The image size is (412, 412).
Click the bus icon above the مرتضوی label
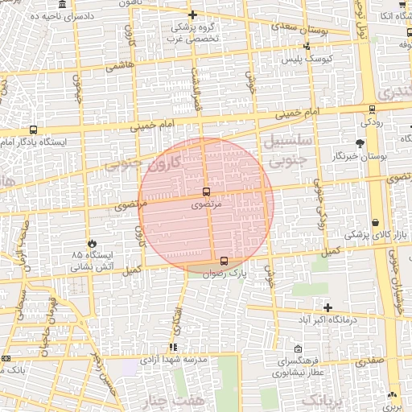pos(207,192)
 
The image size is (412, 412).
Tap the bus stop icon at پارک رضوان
pos(224,261)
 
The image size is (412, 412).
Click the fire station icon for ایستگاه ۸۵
pos(92,242)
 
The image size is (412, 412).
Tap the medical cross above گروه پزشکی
pos(192,14)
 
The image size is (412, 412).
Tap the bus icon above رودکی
pos(372,109)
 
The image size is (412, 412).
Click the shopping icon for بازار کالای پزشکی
pos(376,223)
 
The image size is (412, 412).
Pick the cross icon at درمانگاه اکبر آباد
pos(328,307)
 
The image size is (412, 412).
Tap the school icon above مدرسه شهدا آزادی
pos(174,348)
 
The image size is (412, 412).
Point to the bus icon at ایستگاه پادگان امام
pos(33,130)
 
